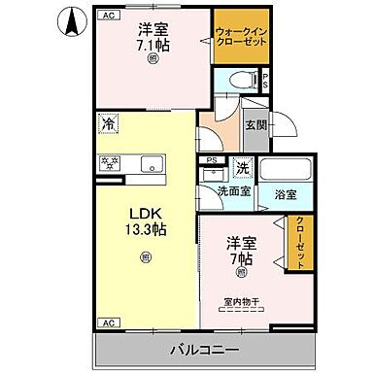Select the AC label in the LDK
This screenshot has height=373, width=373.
tap(108, 322)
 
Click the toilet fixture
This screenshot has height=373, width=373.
tap(243, 82)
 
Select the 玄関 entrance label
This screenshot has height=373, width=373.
tap(255, 124)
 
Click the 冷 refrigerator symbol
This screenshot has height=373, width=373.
tap(109, 124)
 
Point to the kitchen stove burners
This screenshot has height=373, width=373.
tap(111, 163)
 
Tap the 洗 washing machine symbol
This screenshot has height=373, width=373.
tap(242, 167)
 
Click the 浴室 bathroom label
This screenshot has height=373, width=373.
tap(284, 194)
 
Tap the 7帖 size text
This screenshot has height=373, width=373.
tap(242, 259)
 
